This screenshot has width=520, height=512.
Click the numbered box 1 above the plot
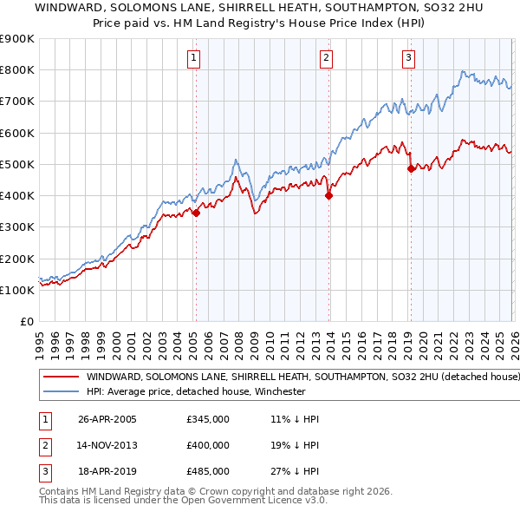tap(192, 58)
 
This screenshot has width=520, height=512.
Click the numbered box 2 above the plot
tap(326, 58)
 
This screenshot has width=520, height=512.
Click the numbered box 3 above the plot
tap(408, 58)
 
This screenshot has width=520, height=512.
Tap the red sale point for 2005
tap(197, 213)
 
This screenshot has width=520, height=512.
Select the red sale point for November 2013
tap(328, 195)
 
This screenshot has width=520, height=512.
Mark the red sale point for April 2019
tap(411, 169)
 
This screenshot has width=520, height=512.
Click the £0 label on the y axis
tap(27, 321)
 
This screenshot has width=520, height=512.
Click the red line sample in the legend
tap(61, 377)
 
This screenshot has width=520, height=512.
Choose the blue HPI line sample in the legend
tap(61, 391)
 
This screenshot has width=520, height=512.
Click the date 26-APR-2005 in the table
tap(107, 419)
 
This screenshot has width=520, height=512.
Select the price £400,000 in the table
tap(208, 445)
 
